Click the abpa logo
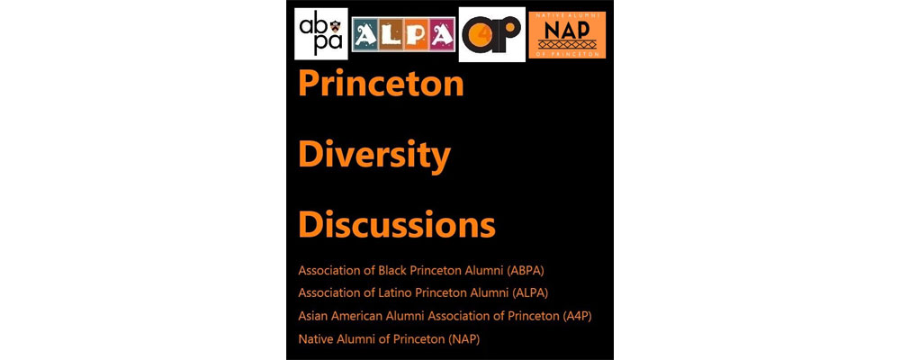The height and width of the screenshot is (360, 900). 321,34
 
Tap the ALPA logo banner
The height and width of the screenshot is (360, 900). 403,34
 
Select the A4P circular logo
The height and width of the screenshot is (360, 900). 492,34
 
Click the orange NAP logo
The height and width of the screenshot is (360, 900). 567,35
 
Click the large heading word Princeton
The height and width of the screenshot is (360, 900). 381,84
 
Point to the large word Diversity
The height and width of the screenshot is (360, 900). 374,155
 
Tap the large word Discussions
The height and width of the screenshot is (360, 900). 397,225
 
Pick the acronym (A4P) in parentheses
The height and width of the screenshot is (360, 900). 576,316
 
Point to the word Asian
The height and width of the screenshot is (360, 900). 312,316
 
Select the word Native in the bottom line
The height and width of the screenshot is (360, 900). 313,338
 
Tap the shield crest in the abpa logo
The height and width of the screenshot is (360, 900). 335,26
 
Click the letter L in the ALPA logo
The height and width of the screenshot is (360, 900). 391,35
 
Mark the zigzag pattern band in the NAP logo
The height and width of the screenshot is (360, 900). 567,43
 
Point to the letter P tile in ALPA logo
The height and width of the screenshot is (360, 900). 416,34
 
